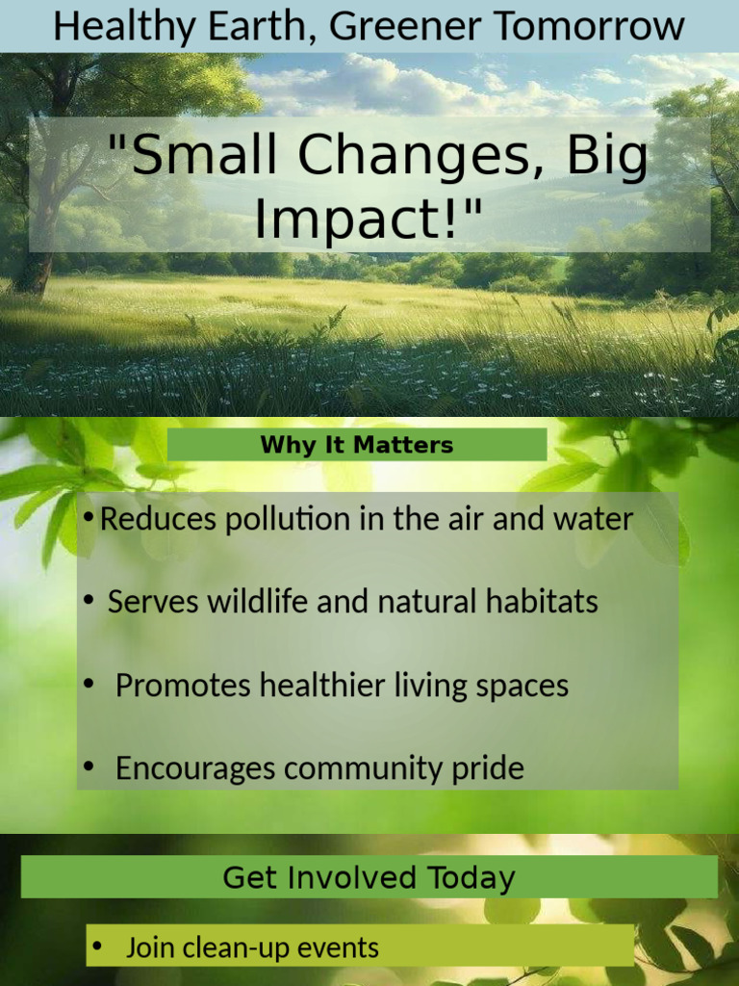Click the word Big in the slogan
tap(607, 157)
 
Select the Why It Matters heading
tap(356, 445)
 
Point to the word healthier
tap(322, 686)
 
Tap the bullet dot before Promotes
tap(89, 685)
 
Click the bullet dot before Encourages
tap(89, 767)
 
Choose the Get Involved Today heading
tap(369, 877)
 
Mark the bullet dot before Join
tap(96, 947)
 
